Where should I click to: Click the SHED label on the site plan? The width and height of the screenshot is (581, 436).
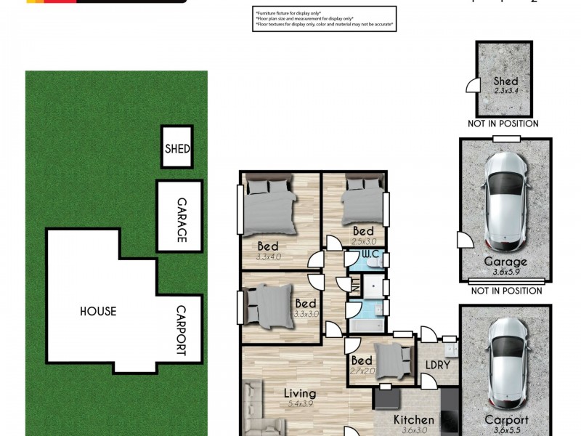click(x=176, y=149)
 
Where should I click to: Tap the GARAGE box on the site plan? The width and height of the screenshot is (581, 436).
click(x=179, y=216)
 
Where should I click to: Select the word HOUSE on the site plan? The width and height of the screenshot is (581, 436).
click(x=98, y=311)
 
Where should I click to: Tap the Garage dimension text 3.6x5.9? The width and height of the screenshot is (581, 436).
click(x=505, y=272)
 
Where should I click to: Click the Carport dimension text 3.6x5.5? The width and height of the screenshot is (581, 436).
click(x=505, y=430)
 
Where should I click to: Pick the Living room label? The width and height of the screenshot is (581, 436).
click(x=300, y=393)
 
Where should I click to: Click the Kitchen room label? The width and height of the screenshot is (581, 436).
click(x=413, y=419)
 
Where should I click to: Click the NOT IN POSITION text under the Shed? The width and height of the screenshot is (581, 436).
click(x=503, y=124)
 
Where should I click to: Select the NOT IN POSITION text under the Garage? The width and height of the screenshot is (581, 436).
click(x=505, y=291)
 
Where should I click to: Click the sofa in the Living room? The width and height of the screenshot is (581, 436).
click(x=256, y=407)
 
